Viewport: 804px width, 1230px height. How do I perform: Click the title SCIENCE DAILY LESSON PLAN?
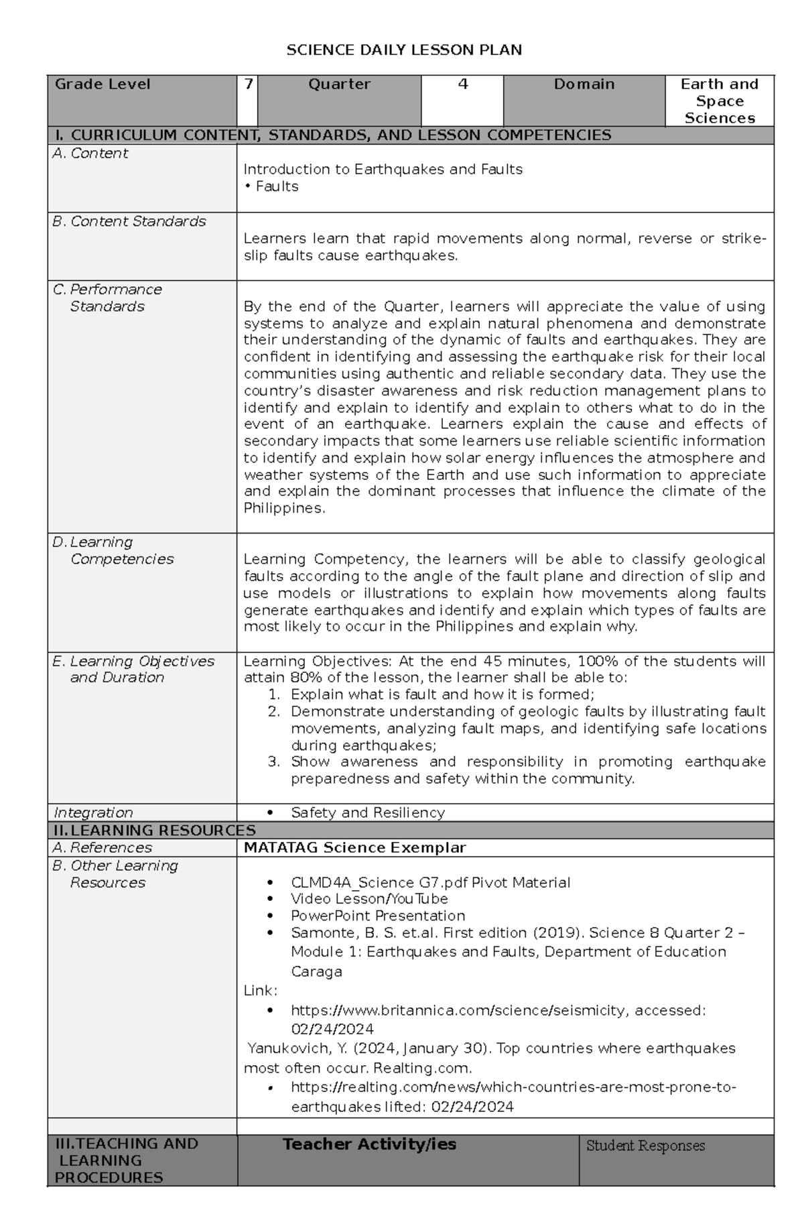click(403, 50)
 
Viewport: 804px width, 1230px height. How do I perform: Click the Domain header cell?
click(584, 85)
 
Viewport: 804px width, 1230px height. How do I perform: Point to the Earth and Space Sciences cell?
click(719, 101)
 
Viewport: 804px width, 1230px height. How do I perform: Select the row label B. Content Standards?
click(129, 222)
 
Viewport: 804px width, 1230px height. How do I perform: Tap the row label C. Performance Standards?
click(107, 298)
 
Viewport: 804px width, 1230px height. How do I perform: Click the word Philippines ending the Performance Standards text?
click(283, 509)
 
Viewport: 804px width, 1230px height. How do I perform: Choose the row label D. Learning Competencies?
click(113, 550)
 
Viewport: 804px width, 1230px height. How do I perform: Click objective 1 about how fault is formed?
click(442, 694)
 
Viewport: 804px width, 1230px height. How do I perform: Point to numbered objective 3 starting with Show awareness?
click(527, 762)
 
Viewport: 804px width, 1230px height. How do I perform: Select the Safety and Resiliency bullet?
click(367, 813)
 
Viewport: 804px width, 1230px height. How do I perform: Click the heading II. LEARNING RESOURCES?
click(155, 831)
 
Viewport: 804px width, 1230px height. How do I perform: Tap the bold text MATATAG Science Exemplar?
click(354, 848)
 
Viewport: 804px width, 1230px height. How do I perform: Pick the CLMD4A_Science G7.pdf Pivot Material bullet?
click(430, 883)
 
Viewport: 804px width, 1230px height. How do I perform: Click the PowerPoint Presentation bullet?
click(377, 916)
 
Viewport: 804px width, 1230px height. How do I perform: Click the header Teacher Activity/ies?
click(369, 1144)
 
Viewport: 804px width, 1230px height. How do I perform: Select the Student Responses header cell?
click(645, 1146)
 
